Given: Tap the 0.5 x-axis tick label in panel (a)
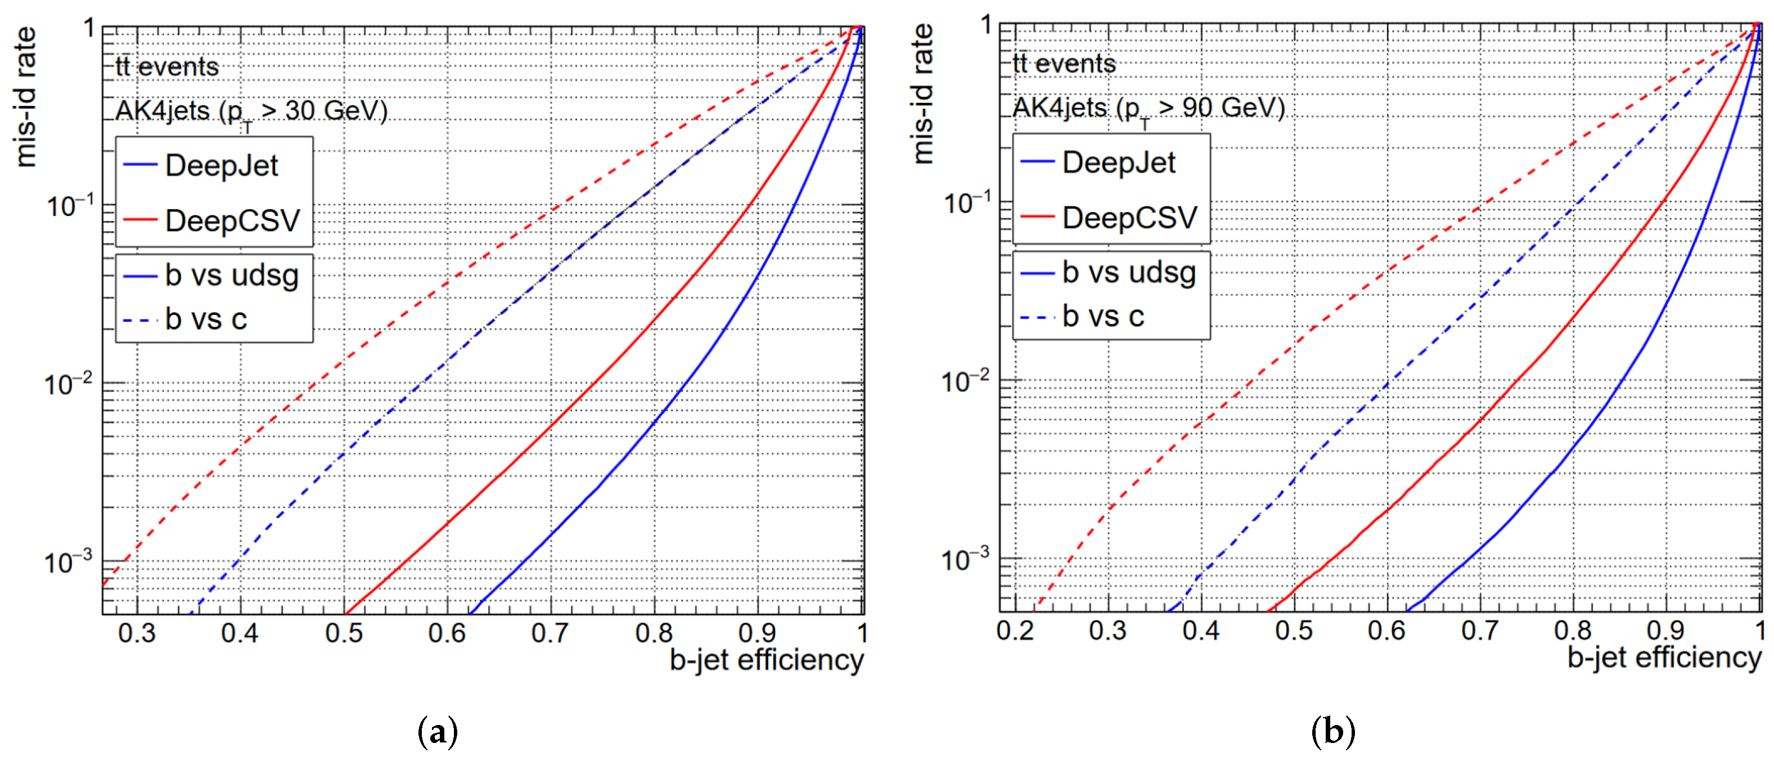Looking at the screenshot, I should [344, 633].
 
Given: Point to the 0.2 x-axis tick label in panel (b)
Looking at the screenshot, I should [1015, 630].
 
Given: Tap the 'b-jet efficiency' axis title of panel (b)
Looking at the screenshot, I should [1664, 657].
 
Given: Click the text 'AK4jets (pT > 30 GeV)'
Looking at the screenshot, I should [251, 111].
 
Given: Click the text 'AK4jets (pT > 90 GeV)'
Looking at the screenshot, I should [1148, 108].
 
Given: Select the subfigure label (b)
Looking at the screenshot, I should [1332, 731].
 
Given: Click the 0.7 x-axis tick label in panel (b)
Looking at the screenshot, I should [1479, 630].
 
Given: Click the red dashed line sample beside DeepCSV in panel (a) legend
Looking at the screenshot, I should [141, 221].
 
